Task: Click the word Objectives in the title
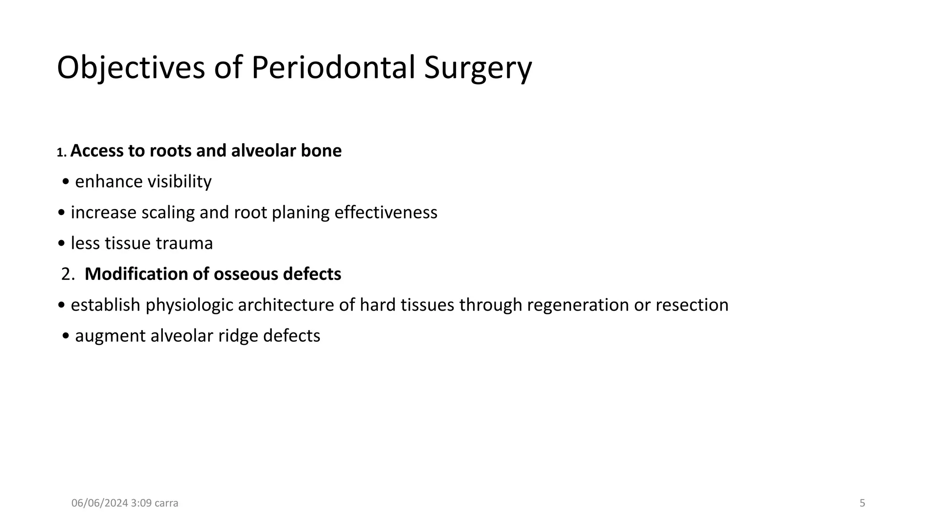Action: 131,68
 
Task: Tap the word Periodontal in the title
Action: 333,68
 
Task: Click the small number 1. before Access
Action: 62,152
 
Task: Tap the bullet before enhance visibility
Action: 66,182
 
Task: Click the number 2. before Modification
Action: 68,274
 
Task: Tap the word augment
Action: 110,336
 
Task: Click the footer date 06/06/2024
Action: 99,503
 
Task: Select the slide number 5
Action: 862,503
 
